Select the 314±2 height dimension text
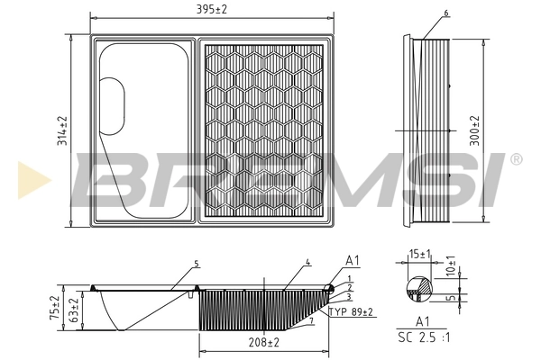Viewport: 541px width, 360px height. click(x=62, y=131)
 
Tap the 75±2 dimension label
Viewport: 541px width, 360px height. click(x=53, y=308)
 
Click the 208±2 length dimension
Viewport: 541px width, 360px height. click(x=263, y=343)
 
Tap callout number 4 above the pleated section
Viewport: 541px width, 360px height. click(x=307, y=262)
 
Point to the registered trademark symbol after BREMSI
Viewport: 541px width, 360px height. click(x=516, y=159)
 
